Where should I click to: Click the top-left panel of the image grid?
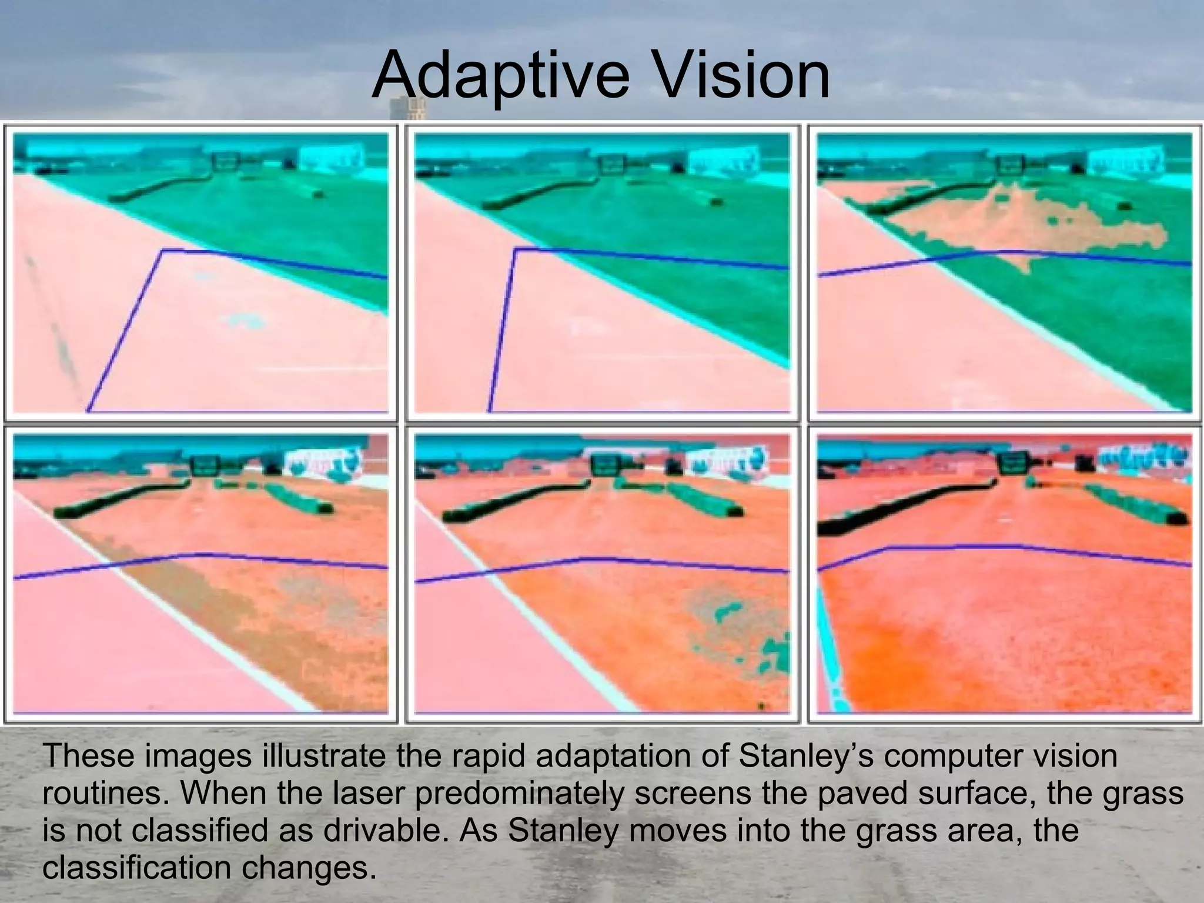[x=200, y=273]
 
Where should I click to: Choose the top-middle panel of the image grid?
[x=602, y=273]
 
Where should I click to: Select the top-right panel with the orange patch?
[x=1004, y=273]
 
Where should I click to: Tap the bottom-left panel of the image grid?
[x=200, y=573]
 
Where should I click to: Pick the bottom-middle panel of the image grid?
[x=602, y=573]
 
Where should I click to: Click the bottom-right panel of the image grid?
[x=1004, y=573]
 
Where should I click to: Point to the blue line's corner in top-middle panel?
[x=515, y=249]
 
